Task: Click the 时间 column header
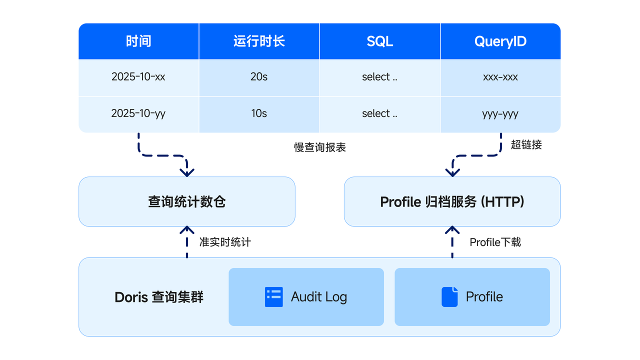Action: [138, 41]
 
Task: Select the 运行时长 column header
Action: [259, 41]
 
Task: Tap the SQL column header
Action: [379, 41]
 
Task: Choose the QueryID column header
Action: [500, 41]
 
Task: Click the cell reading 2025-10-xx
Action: [138, 77]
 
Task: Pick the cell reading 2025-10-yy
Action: [138, 114]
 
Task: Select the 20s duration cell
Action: [259, 77]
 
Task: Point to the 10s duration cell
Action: [259, 114]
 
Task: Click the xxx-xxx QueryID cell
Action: [500, 77]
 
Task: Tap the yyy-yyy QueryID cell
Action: [500, 114]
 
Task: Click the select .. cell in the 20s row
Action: [379, 77]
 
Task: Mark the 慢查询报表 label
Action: [320, 147]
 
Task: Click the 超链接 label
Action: [526, 145]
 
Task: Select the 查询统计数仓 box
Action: [187, 201]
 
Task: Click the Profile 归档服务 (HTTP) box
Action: [452, 201]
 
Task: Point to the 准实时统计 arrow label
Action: [225, 242]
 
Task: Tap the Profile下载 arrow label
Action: [495, 242]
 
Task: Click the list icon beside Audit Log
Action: [273, 297]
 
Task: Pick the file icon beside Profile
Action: [449, 297]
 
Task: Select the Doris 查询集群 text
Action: [159, 297]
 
